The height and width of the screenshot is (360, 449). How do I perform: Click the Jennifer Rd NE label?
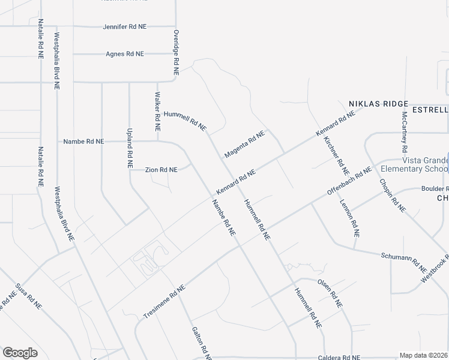125,27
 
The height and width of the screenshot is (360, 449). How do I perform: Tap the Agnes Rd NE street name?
125,54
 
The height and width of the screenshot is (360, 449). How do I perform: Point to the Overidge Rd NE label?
176,52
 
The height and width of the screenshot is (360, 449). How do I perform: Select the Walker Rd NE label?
158,112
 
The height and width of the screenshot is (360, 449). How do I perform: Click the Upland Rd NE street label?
129,147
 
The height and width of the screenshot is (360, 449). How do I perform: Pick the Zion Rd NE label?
161,170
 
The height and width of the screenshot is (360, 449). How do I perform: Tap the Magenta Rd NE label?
244,145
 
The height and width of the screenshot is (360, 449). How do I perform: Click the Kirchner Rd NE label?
336,151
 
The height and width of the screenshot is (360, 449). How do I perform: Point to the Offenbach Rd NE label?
350,182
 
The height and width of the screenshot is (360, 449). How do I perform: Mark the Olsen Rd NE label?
330,293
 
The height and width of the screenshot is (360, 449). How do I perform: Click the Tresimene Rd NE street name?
165,302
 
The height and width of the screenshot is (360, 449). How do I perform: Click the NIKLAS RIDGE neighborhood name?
375,104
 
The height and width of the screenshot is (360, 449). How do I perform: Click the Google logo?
20,353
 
